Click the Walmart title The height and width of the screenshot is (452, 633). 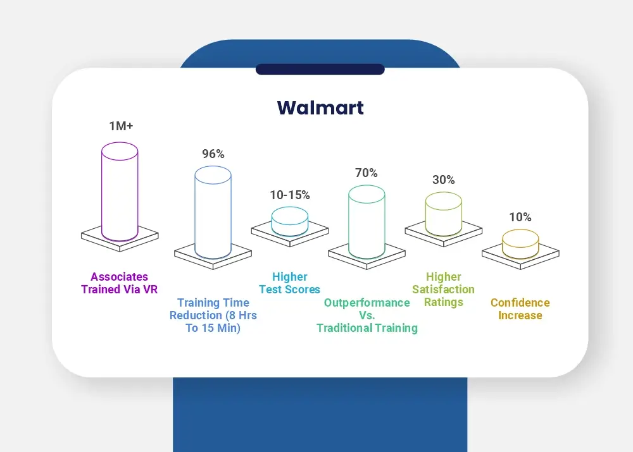(320, 107)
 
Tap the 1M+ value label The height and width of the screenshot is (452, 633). (121, 126)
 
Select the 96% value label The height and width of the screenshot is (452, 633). (213, 154)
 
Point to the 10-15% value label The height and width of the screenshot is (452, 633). (290, 195)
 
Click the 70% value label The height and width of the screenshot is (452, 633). (367, 173)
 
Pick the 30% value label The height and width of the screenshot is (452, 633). (444, 180)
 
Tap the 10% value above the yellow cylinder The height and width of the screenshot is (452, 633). (520, 217)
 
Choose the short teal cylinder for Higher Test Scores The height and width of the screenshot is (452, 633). (290, 221)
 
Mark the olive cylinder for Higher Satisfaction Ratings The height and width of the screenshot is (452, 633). (444, 214)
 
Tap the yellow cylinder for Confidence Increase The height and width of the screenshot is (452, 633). (520, 244)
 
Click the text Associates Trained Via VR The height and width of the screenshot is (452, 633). (120, 283)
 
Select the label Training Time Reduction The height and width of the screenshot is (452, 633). (213, 309)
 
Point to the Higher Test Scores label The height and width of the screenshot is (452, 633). (290, 283)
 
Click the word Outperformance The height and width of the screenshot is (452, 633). (367, 303)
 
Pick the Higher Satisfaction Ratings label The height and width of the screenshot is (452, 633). (444, 290)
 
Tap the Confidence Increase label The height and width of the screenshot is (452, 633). (520, 309)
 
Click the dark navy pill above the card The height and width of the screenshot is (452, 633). (320, 70)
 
